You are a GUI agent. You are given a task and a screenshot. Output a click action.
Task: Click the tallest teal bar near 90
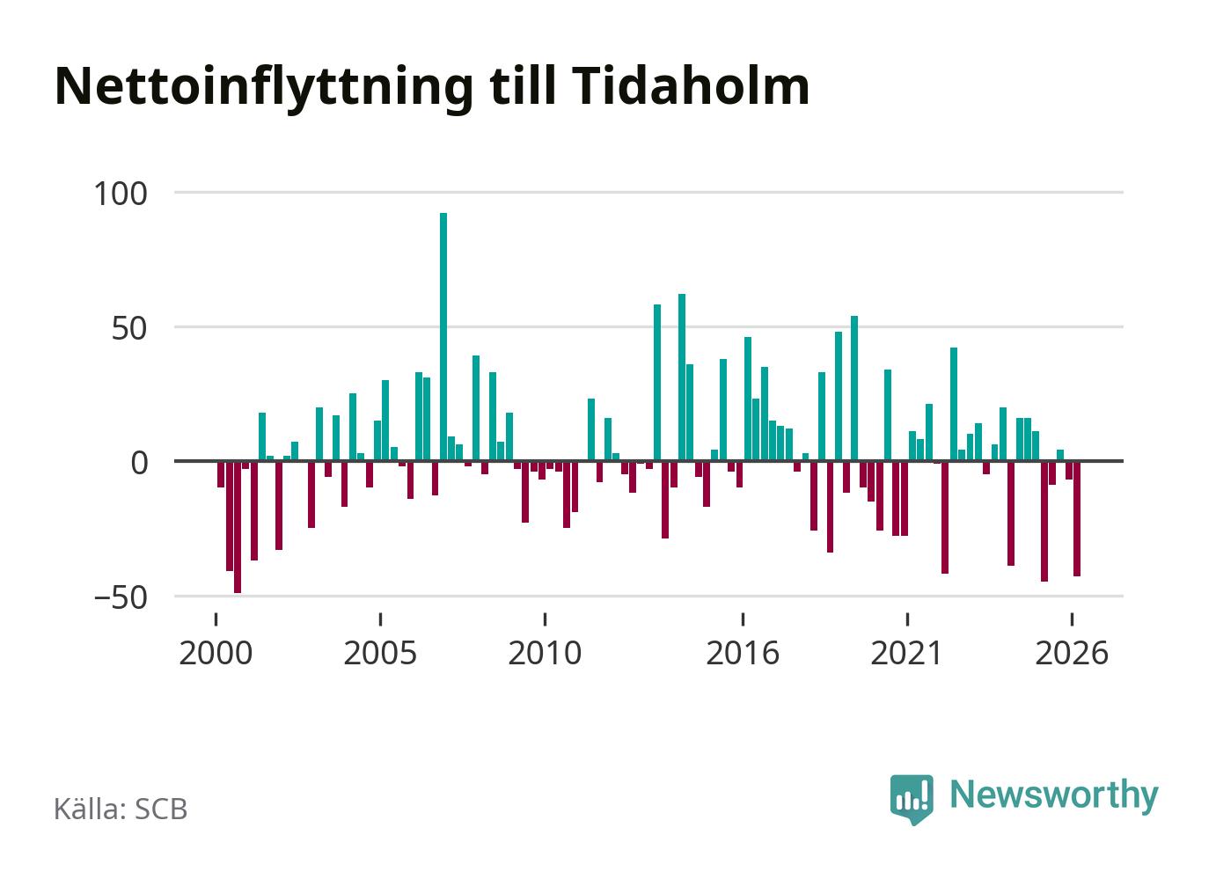(443, 337)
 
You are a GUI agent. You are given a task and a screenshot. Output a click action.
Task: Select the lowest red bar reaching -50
(238, 527)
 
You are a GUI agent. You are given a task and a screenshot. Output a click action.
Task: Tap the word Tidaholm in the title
(691, 85)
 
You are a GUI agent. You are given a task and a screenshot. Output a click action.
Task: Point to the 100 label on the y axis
(121, 194)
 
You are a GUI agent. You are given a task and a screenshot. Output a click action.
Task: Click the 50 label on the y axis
(129, 328)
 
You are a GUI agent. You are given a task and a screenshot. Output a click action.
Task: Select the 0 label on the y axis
(140, 463)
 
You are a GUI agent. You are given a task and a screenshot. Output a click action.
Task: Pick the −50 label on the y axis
(121, 597)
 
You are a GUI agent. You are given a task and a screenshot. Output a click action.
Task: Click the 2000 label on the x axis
(216, 653)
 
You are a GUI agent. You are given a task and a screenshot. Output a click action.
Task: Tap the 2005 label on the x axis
(380, 653)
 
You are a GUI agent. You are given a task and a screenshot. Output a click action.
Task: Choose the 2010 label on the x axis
(545, 653)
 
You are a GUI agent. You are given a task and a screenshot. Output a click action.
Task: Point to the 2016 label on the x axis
(743, 653)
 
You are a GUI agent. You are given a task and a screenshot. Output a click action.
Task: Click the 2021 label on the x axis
(906, 653)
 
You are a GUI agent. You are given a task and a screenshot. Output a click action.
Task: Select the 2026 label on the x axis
(1072, 653)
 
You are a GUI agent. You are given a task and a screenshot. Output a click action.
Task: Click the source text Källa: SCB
(121, 809)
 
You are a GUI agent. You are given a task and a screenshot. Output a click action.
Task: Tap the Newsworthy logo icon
(912, 799)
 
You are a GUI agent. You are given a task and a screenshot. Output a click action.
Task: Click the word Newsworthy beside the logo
(1054, 796)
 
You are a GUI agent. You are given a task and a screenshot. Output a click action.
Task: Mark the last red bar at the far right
(1077, 518)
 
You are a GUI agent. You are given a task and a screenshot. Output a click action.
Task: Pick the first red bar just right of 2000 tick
(220, 474)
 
